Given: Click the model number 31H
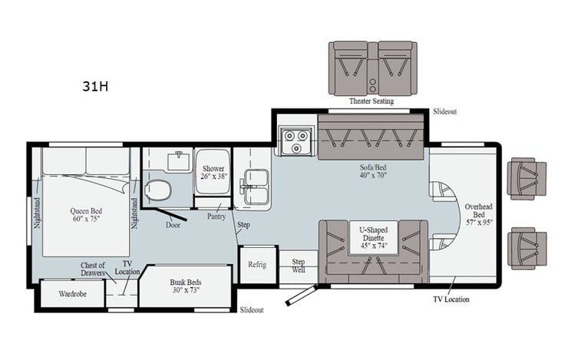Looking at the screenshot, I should coord(95,86).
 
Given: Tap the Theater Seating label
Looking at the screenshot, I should coord(372,101).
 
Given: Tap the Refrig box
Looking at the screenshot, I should coord(256,265).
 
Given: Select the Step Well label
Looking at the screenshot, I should coord(298,266).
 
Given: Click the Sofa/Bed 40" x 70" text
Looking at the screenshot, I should coord(372,170).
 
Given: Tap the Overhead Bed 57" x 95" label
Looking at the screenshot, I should coord(477,212).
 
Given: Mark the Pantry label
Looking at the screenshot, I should coord(216,216).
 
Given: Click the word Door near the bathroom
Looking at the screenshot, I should coord(173,224).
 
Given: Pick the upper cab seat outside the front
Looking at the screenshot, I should coord(526,178).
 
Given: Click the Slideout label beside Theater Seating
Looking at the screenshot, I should coord(444,111).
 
